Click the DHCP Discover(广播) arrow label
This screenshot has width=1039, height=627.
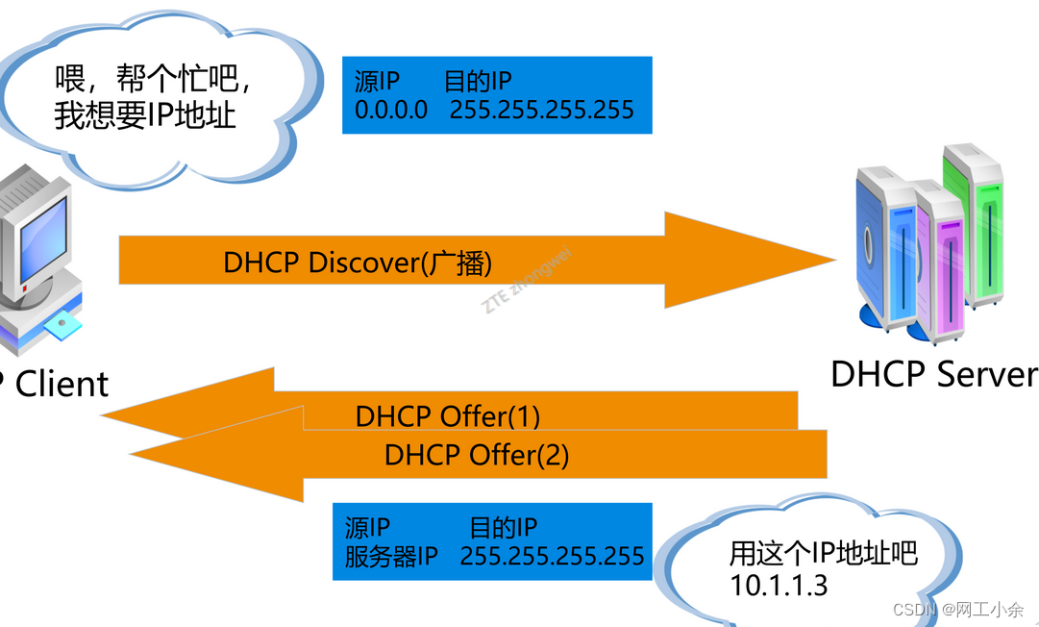coord(358,263)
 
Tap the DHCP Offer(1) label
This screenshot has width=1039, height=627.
coord(448,416)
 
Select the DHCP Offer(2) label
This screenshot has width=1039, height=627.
coord(477,454)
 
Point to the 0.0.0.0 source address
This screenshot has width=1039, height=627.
coord(391,110)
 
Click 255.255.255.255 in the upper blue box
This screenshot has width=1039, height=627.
coord(542,110)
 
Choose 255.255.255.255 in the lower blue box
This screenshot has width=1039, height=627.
coord(553,556)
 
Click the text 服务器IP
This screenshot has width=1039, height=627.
coord(392,556)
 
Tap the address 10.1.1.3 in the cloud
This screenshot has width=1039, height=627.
coord(779,585)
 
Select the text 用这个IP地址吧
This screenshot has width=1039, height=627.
coord(824,554)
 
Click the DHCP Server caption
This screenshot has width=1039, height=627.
coord(933,374)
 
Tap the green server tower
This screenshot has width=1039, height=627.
coord(973,226)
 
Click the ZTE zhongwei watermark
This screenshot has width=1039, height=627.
coord(528,280)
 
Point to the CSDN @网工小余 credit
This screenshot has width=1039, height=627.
coord(957,609)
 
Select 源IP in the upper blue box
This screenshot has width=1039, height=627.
coord(376,81)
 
